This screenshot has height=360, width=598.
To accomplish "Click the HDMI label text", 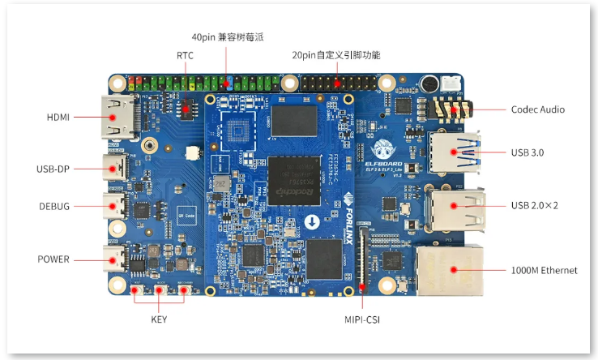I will [58, 117].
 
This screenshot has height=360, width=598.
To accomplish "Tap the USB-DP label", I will [53, 169].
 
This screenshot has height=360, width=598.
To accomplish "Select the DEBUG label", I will [54, 206].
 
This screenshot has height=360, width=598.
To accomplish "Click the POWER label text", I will [54, 259].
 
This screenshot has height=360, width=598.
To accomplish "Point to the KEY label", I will [159, 319].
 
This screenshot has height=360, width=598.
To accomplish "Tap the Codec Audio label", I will [538, 109].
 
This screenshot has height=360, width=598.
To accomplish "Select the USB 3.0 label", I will [530, 152].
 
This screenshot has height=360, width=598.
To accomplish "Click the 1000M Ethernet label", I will [545, 270].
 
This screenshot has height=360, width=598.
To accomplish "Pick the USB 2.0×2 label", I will [535, 205].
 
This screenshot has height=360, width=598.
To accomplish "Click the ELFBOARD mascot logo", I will [383, 148].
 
